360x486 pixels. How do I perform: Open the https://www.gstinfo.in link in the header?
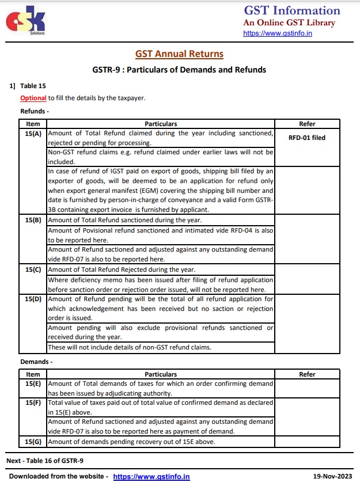coord(278,33)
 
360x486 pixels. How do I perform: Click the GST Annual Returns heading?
coord(179,54)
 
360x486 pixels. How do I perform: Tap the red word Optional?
coord(33,98)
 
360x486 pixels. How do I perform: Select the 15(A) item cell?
coord(33,133)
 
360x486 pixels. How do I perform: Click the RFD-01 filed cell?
coord(307,138)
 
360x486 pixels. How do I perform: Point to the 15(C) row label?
coord(33,269)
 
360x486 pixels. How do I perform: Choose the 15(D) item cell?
coord(33,299)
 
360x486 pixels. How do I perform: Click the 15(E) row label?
coord(33,383)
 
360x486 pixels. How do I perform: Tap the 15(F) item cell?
coord(33,403)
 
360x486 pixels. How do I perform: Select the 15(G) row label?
coord(33,442)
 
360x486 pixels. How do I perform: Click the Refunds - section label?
coord(35,111)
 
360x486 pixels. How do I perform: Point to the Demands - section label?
coord(36,362)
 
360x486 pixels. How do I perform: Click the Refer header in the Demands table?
coord(307,374)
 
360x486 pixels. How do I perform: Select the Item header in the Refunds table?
coord(33,124)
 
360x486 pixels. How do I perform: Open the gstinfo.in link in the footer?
coord(151,477)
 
